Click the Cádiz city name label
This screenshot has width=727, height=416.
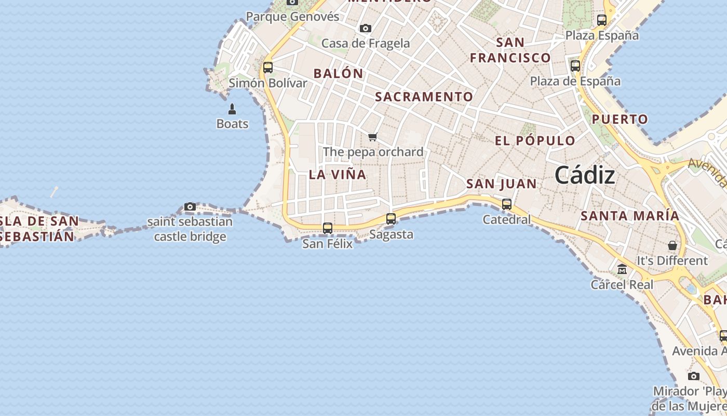[585, 175]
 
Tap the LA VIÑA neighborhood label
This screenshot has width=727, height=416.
[338, 175]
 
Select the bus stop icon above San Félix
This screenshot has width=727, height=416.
[328, 228]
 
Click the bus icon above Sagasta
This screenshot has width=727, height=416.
[391, 219]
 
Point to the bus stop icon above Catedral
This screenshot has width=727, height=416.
[507, 204]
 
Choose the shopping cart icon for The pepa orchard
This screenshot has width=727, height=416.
[372, 137]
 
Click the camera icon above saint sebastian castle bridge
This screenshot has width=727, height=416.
[190, 207]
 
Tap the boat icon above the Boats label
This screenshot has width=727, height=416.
[232, 109]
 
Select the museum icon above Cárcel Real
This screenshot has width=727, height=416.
[622, 269]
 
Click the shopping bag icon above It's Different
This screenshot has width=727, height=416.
[672, 245]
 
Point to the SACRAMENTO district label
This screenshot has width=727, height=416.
[424, 97]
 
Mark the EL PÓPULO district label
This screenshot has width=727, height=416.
[535, 140]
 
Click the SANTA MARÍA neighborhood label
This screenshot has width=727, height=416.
[630, 215]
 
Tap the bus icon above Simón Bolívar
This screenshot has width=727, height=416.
[268, 67]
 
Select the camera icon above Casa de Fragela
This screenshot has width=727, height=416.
[366, 28]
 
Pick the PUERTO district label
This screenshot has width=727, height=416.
[620, 119]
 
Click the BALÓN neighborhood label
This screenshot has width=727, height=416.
[338, 73]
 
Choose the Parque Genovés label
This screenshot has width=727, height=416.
[292, 17]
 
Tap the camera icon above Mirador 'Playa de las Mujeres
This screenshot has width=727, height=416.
[693, 376]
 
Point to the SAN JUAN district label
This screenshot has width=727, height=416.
[501, 184]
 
